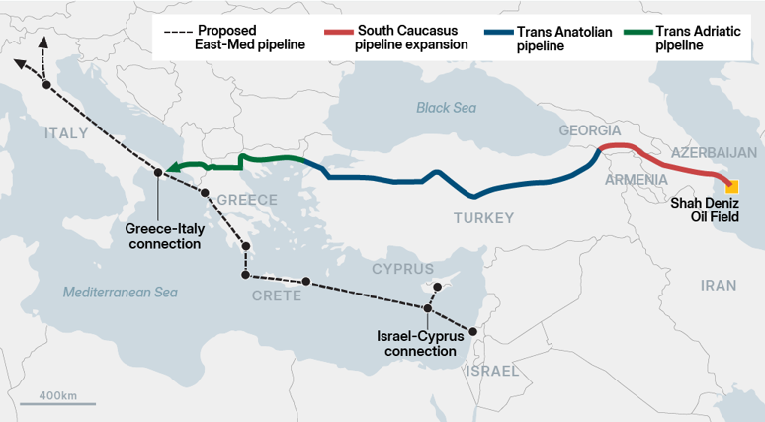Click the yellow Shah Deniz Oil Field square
[x=732, y=186]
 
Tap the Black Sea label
[x=446, y=108]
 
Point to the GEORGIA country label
[x=589, y=130]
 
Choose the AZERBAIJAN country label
[x=713, y=152]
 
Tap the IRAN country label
[x=718, y=285]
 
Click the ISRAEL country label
[x=491, y=371]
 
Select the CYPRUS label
[x=402, y=269]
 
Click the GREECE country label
[x=247, y=200]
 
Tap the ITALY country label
[x=65, y=132]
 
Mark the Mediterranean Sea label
[x=120, y=293]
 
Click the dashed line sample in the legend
[x=179, y=31]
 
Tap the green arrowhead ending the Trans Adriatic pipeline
[x=170, y=169]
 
